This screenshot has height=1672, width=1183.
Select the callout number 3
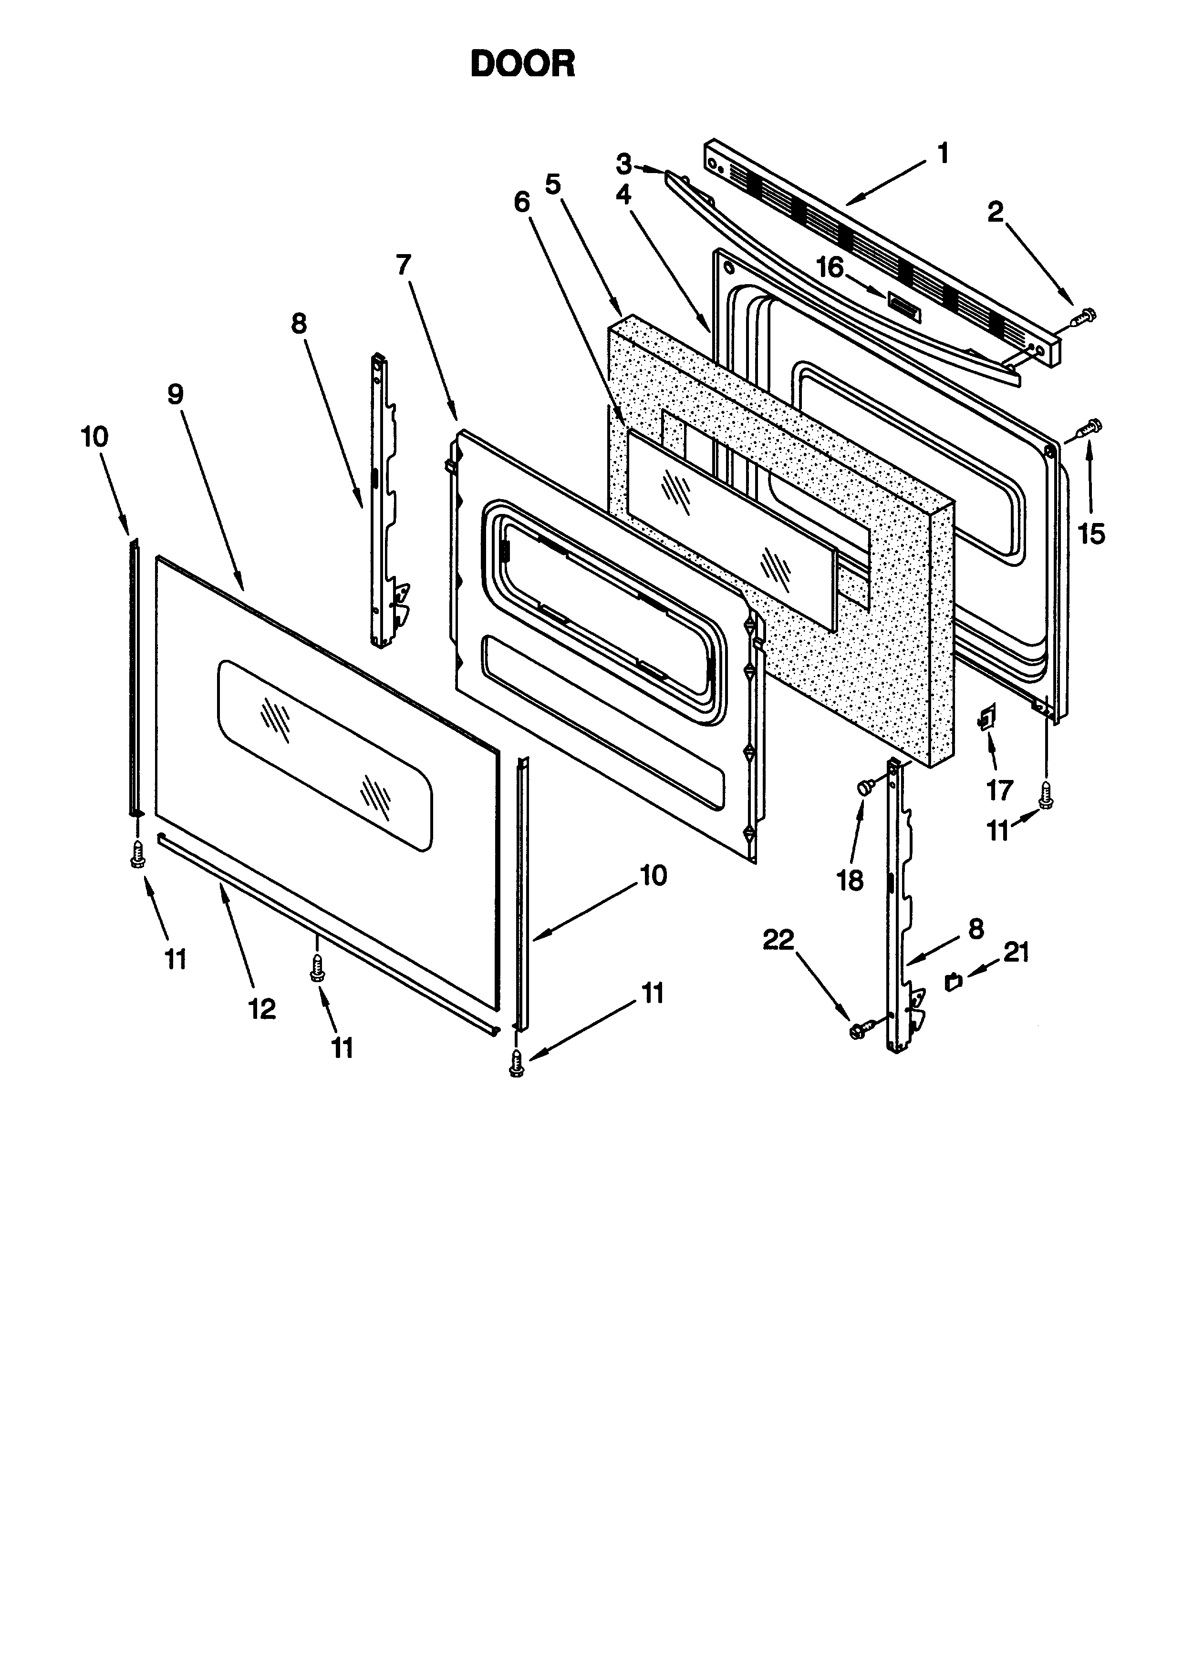point(623,164)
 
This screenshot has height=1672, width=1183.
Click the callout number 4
point(623,195)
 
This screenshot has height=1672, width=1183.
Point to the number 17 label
point(999,790)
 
